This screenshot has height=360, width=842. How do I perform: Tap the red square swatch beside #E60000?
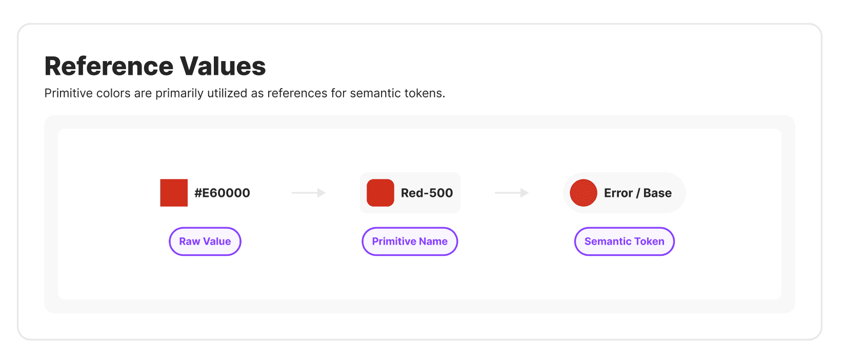pos(174,193)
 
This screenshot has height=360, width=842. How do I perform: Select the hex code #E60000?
pos(222,193)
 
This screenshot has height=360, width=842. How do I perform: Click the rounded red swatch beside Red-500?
pos(380,193)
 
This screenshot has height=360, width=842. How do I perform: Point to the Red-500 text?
pos(427,193)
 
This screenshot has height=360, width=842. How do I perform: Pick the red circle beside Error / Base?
pos(584,193)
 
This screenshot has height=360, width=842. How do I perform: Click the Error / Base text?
pos(637,193)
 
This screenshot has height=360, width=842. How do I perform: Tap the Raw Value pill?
pos(205,242)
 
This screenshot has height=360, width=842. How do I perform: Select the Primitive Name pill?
pos(410,242)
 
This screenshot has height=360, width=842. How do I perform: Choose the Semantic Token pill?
pos(624,242)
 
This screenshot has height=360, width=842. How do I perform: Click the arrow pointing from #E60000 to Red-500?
pos(309,193)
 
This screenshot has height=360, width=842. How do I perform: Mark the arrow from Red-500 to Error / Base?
pos(512,193)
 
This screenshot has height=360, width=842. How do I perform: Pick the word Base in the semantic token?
pos(657,193)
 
